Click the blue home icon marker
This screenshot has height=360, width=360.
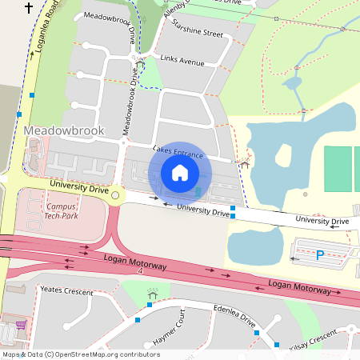click(180, 173)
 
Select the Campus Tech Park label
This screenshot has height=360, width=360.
click(60, 211)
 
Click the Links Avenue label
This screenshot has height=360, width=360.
click(182, 61)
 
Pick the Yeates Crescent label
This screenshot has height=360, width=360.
click(62, 291)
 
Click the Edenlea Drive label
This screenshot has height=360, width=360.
click(234, 316)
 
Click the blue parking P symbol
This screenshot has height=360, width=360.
click(320, 256)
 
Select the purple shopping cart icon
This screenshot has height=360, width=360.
click(20, 326)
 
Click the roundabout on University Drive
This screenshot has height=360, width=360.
click(115, 195)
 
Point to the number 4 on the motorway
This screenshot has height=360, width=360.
click(140, 272)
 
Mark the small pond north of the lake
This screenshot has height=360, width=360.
click(292, 82)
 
